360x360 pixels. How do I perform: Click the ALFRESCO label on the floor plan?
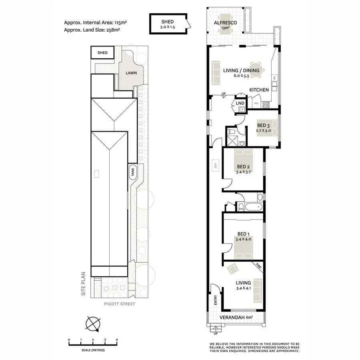226,23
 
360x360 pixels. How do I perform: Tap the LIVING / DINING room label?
241,70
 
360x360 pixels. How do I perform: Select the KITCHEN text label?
259,90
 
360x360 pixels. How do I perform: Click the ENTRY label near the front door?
216,300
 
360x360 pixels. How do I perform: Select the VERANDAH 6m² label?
236,318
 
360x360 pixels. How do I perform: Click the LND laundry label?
240,103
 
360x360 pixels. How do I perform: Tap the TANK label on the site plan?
132,172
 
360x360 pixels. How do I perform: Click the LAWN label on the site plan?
131,73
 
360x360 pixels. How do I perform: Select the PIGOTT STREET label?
119,304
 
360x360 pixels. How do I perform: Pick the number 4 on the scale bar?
117,340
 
